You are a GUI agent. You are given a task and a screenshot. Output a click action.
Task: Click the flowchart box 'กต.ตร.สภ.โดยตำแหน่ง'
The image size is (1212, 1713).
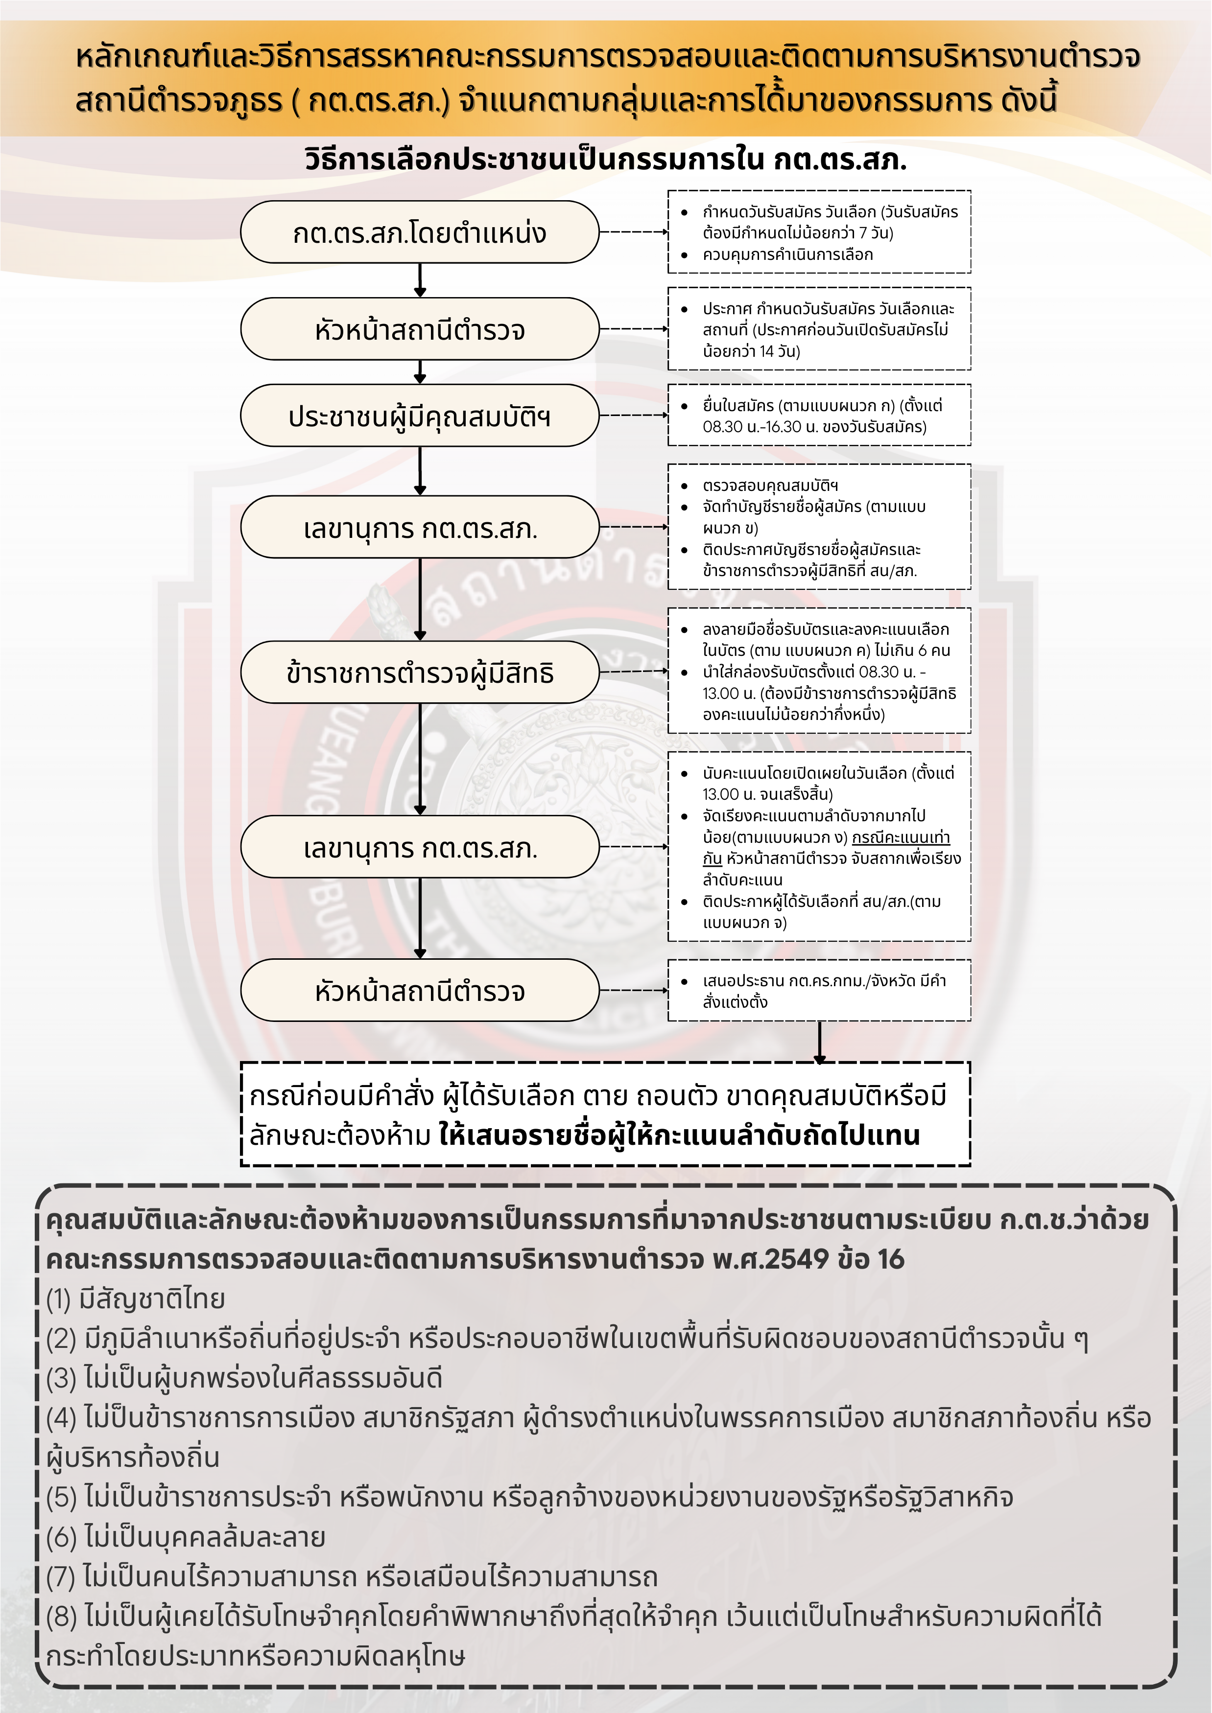click(x=419, y=232)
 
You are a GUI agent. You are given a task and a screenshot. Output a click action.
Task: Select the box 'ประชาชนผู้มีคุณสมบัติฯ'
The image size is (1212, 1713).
click(x=419, y=416)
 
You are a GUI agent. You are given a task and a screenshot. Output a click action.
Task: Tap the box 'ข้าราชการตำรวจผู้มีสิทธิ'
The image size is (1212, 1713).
click(x=419, y=672)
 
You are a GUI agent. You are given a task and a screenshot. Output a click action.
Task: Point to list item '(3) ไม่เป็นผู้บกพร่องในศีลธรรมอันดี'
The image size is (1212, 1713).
click(x=244, y=1379)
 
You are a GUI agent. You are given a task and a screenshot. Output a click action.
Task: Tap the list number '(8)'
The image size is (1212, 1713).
click(x=62, y=1617)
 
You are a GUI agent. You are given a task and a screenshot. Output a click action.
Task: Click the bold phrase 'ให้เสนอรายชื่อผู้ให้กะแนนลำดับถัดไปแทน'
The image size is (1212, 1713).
click(x=679, y=1135)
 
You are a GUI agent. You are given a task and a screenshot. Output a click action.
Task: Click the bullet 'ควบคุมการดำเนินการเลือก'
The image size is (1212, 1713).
click(x=787, y=255)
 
